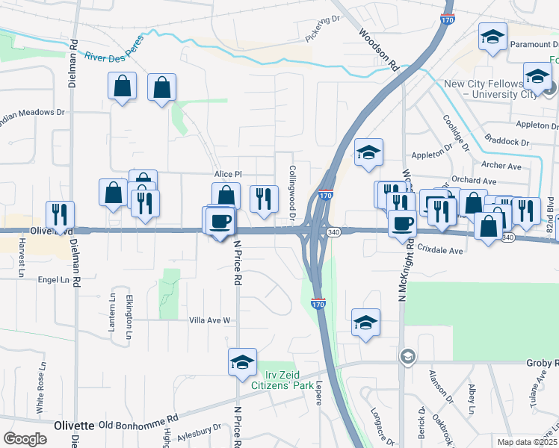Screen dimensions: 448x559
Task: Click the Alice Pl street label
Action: [x=229, y=173]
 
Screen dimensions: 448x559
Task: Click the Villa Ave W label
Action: [x=209, y=320]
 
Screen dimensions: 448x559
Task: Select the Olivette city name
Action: [x=74, y=425]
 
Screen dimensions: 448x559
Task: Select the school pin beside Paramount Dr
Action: [x=493, y=37]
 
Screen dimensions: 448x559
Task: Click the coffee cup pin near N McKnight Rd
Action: [x=402, y=223]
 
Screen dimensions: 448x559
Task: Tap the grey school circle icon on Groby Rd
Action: [x=407, y=355]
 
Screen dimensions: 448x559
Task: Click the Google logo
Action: [x=25, y=439]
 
